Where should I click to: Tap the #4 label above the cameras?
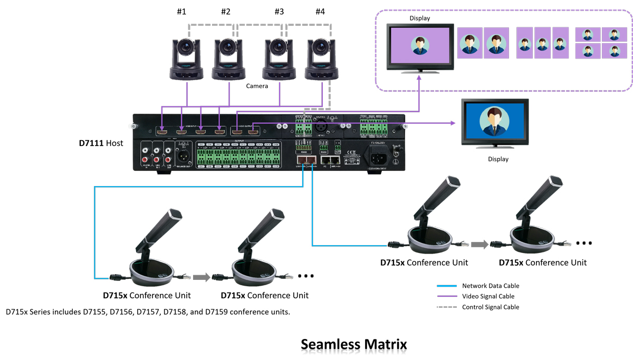pyautogui.click(x=320, y=12)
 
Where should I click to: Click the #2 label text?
pyautogui.click(x=226, y=12)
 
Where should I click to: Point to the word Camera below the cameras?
pyautogui.click(x=257, y=86)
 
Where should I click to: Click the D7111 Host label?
pyautogui.click(x=101, y=143)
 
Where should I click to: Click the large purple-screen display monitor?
pyautogui.click(x=419, y=47)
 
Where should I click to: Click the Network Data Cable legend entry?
pyautogui.click(x=490, y=286)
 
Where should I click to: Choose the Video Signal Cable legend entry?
pyautogui.click(x=488, y=296)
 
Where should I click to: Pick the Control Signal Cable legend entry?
pyautogui.click(x=490, y=307)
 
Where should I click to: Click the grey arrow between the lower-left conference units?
pyautogui.click(x=201, y=277)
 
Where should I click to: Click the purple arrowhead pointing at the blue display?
pyautogui.click(x=453, y=123)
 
